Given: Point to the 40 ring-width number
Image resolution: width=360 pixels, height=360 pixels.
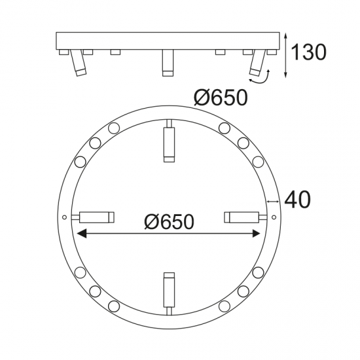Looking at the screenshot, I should click(x=297, y=199).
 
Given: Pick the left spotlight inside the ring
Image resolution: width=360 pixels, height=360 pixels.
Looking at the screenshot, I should click(x=96, y=216).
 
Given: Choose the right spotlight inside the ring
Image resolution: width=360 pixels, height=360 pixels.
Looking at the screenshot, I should click(x=243, y=216).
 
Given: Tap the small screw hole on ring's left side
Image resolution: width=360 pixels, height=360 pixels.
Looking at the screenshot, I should click(x=64, y=217).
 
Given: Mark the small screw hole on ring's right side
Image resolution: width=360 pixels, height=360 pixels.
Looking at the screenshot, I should click(x=274, y=216).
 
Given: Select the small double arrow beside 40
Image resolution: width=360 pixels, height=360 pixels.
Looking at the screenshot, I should click(x=274, y=200).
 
